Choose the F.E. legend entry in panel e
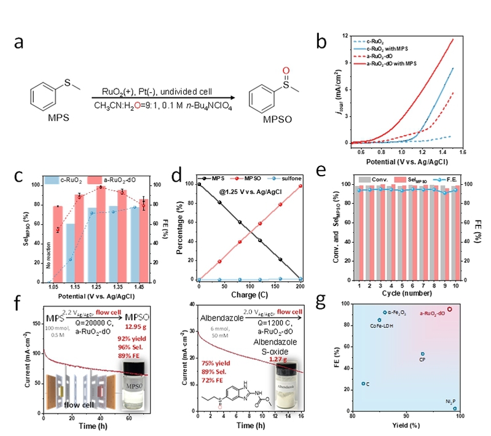(x=448, y=178)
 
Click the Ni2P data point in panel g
(x=455, y=408)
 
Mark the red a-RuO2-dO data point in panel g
(x=449, y=309)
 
